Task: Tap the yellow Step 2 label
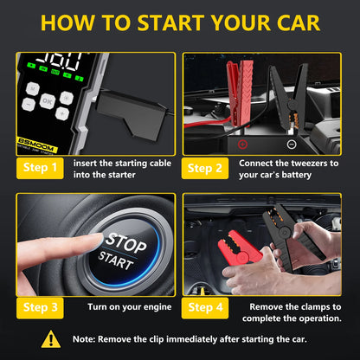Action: [208, 167]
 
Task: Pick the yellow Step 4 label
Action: [208, 305]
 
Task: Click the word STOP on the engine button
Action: [125, 238]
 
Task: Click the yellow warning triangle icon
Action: [52, 339]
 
